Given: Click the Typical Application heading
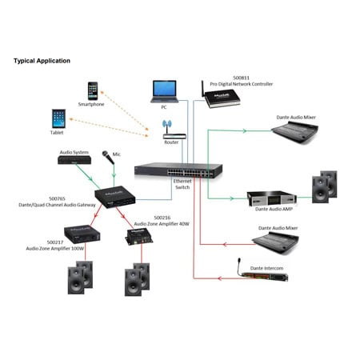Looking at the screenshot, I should [x=42, y=61].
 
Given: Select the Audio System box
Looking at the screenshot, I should [x=74, y=159].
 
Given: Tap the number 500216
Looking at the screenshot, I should [x=162, y=217].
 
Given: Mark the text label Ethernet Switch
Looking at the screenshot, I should [x=183, y=187].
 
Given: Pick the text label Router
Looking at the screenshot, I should [x=171, y=142].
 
